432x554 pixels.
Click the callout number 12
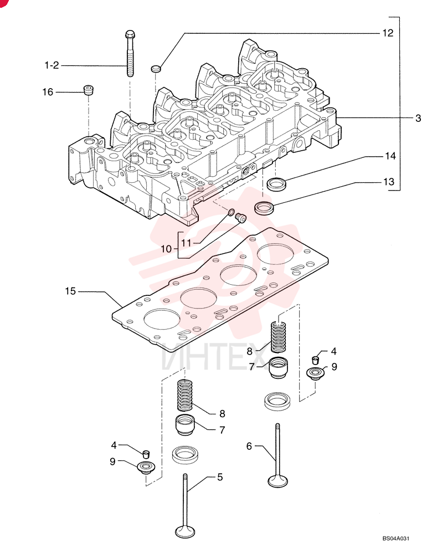(x=388, y=33)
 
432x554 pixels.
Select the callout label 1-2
(x=52, y=65)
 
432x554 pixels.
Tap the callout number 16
(x=48, y=92)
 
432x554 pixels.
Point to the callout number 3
(x=418, y=118)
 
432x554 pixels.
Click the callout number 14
(x=390, y=156)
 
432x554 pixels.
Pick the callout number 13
(x=389, y=182)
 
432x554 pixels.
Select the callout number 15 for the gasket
(x=70, y=291)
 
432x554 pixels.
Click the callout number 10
(x=166, y=249)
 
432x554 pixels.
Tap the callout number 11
(x=186, y=243)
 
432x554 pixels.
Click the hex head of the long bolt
(x=130, y=34)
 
